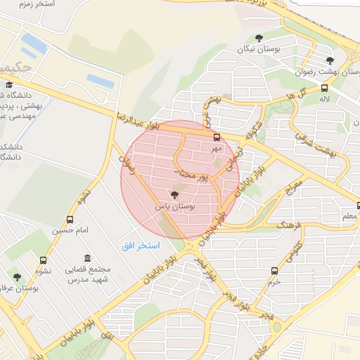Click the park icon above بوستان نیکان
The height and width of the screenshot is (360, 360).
[x=259, y=38]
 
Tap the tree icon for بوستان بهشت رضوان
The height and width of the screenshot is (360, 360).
[x=330, y=60]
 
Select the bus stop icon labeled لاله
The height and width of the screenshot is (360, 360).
[x=324, y=88]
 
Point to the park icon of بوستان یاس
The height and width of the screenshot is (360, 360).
[x=174, y=194]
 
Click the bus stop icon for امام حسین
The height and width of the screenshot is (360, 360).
[x=70, y=219]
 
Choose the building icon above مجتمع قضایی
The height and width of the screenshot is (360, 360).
[x=87, y=258]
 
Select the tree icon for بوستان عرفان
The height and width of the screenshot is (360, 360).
[x=17, y=277]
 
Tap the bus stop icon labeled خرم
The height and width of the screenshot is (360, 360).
[x=274, y=269]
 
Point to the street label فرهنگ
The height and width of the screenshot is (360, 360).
[x=289, y=226]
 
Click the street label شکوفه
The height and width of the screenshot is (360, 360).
[x=250, y=129]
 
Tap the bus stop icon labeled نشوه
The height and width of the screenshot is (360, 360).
[x=44, y=261]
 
